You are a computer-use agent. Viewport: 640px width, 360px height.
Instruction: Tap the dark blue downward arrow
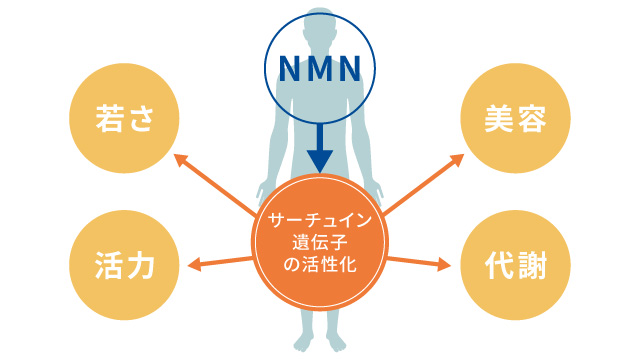(x=319, y=148)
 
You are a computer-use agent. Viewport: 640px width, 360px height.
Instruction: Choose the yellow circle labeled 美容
(x=516, y=118)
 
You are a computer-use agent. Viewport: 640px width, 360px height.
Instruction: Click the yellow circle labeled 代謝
(x=516, y=265)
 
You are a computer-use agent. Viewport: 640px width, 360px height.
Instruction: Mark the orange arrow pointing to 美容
(x=424, y=184)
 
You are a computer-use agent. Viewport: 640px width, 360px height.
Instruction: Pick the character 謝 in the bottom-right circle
(x=534, y=265)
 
